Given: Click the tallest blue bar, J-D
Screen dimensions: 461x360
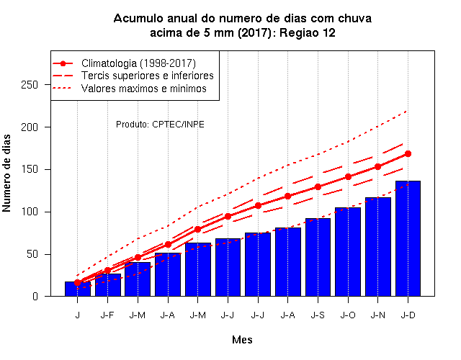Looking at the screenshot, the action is [408, 238].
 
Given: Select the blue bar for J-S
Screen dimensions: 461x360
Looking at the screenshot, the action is [318, 257].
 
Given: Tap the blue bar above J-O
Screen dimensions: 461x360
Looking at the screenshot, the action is [348, 252].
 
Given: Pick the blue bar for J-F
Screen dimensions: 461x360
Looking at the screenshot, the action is [107, 285].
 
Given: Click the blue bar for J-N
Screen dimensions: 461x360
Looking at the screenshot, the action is [377, 247].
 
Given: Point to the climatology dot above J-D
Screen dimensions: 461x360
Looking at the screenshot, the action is [408, 153].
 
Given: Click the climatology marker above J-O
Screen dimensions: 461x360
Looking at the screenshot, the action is [348, 176].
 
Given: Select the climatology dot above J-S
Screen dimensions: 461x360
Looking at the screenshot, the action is [318, 186].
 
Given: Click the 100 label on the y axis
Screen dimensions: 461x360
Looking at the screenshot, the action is [30, 212].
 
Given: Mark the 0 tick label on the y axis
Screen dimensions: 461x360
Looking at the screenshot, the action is [35, 296].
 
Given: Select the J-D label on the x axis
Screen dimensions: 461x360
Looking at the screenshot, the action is [408, 315].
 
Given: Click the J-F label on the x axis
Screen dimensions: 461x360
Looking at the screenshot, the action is [107, 315].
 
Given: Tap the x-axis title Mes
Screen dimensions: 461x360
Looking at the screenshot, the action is [242, 340].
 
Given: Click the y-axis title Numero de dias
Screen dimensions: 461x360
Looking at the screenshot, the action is [6, 173].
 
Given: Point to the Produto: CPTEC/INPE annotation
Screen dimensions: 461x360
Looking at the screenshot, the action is [160, 125].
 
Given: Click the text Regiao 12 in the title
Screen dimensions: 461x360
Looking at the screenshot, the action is [308, 32].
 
